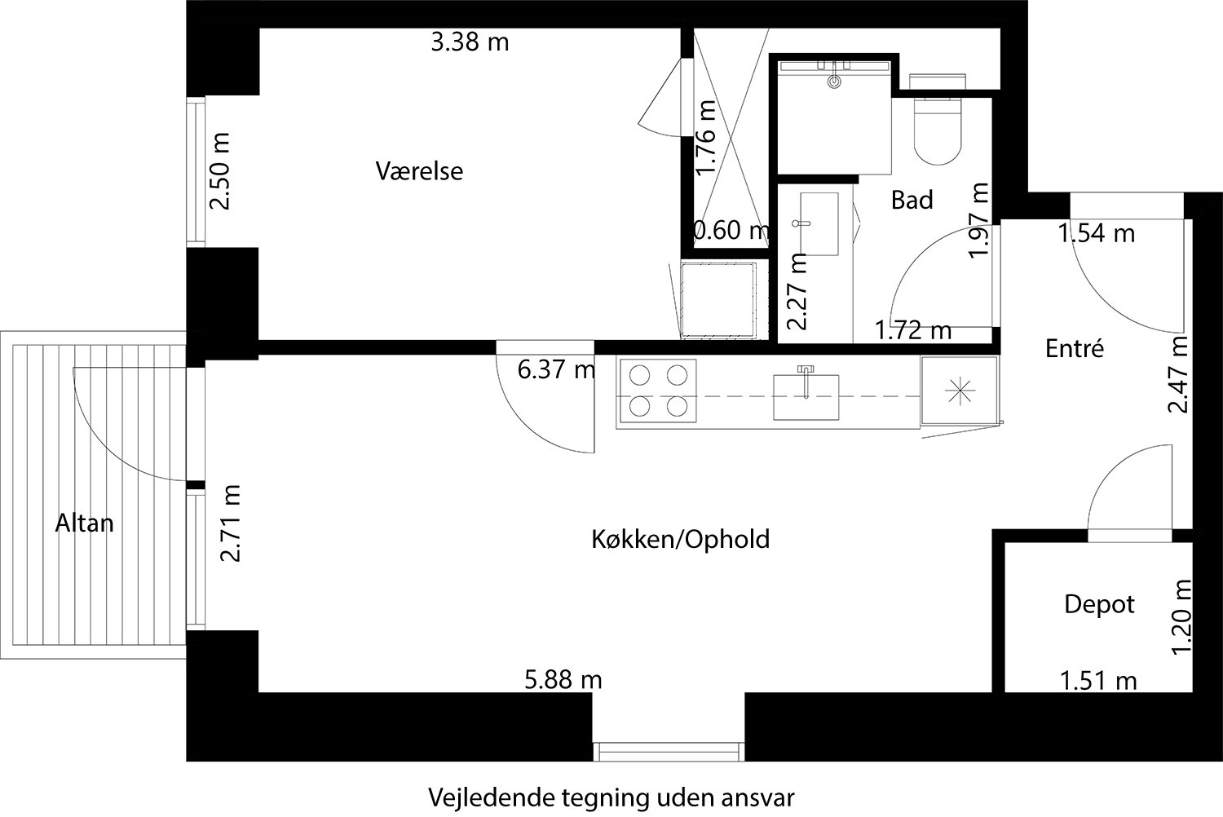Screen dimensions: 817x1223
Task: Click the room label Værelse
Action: [x=419, y=171]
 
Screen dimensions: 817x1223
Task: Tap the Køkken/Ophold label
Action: [x=680, y=539]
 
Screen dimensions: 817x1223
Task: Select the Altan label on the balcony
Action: [x=84, y=523]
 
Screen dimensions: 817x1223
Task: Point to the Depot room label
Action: [x=1099, y=604]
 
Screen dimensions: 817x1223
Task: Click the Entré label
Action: [x=1074, y=349]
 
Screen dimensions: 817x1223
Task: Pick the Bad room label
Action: [x=912, y=200]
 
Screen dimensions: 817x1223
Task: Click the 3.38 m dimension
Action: [x=470, y=42]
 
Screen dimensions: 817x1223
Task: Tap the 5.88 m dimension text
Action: [x=563, y=678]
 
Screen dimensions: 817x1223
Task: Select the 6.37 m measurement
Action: [x=557, y=370]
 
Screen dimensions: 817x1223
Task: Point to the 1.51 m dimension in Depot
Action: [x=1097, y=679]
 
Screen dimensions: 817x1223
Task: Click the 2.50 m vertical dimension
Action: [x=220, y=171]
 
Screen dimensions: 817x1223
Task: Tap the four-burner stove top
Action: [x=657, y=391]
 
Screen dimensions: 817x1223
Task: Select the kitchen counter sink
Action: [x=806, y=395]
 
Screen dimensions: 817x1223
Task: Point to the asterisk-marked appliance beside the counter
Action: [x=959, y=391]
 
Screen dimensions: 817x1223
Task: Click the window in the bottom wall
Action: [x=669, y=751]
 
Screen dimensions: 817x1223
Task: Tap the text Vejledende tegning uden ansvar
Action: [x=611, y=797]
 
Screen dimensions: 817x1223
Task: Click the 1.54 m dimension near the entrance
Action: [x=1096, y=234]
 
